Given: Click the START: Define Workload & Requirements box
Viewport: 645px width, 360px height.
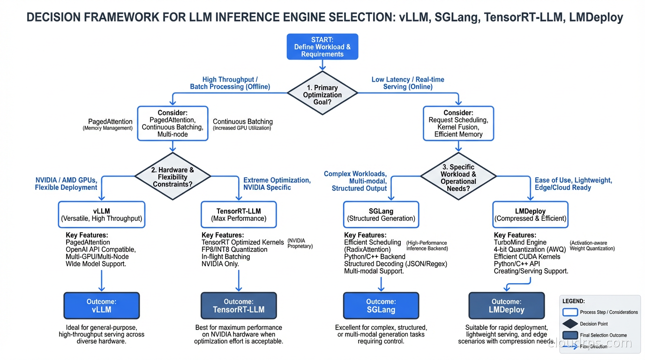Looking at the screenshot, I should [x=322, y=46].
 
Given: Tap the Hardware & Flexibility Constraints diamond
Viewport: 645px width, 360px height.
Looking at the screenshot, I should [x=172, y=177].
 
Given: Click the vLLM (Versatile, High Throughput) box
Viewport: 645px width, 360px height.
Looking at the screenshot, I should [x=101, y=215].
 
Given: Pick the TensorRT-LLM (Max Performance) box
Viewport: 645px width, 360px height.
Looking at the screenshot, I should [x=239, y=215].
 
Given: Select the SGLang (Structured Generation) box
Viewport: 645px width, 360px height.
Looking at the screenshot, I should [x=381, y=215].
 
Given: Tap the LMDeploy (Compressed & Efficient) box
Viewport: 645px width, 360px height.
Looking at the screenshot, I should [x=530, y=215].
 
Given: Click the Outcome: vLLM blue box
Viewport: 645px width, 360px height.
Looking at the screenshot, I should [x=101, y=306].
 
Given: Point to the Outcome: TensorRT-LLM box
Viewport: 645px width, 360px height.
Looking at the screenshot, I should [x=239, y=306].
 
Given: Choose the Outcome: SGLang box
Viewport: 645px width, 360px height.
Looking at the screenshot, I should [x=381, y=306].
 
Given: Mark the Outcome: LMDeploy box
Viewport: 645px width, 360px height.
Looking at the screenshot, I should [x=506, y=306].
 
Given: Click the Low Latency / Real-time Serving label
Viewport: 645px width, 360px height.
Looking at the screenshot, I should [x=408, y=83].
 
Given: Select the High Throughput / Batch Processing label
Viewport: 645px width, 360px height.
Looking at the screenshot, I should [x=230, y=83].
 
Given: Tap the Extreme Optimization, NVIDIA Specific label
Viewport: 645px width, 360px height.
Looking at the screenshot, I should [x=277, y=184].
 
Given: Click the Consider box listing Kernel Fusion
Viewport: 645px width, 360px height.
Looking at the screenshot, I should [x=458, y=123].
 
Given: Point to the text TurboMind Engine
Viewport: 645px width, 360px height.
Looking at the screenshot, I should [x=520, y=242].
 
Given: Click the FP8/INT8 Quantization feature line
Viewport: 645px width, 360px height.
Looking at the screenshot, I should [x=234, y=249].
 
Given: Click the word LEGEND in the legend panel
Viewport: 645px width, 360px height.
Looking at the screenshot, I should [x=573, y=301].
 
